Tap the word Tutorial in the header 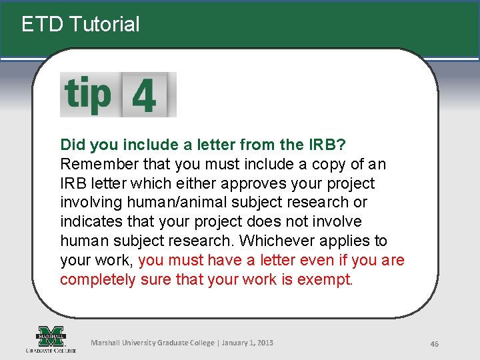[104, 25]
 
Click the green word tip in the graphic [87, 95]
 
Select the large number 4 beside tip [144, 96]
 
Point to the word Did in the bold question [72, 145]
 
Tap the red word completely [98, 279]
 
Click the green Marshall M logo [51, 336]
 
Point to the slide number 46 [434, 343]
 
